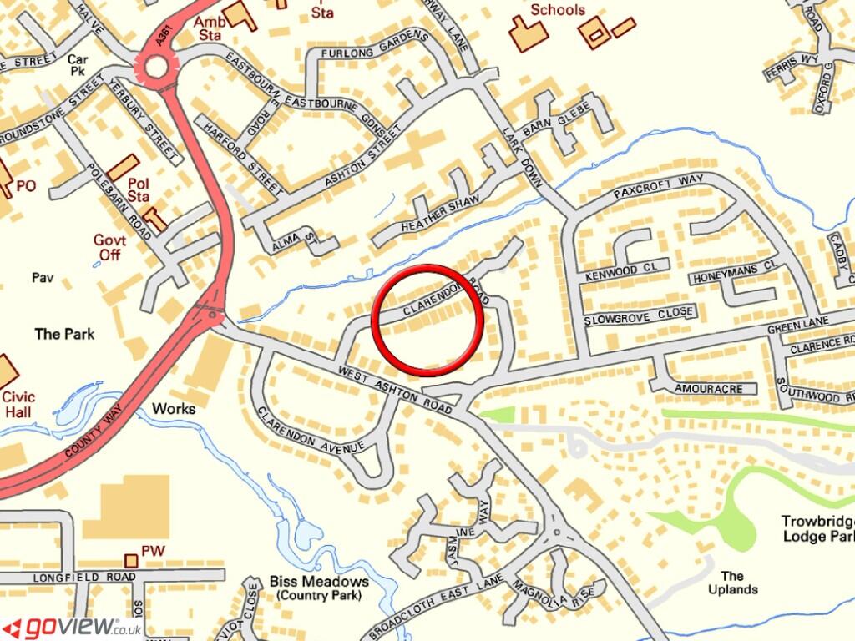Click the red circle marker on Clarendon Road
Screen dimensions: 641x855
click(x=427, y=318)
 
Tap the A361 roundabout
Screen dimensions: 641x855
click(x=156, y=65)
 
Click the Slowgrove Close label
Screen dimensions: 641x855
click(x=639, y=316)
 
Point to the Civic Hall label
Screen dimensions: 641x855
click(x=18, y=404)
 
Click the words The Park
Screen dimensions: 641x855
click(x=64, y=334)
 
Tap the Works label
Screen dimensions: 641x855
click(x=174, y=409)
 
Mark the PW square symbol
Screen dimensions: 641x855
click(x=129, y=558)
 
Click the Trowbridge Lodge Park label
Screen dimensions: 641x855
click(x=817, y=528)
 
